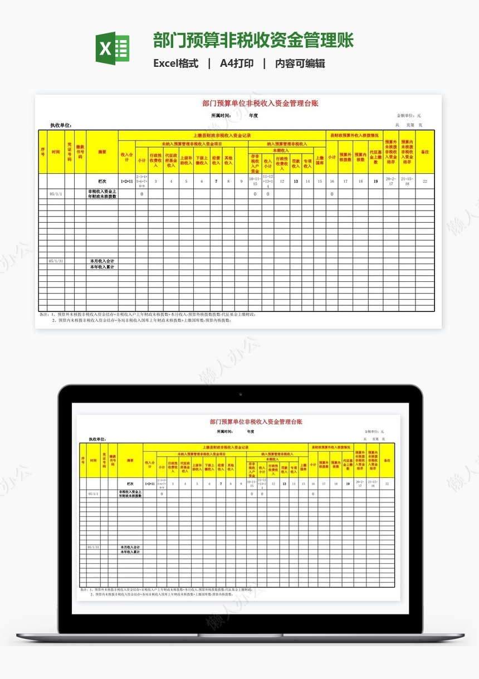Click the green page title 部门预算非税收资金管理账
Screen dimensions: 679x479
coord(253,41)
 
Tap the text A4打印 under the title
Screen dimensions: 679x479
coord(237,63)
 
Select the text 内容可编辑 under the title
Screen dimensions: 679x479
coord(300,63)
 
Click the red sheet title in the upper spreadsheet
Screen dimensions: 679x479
coord(260,103)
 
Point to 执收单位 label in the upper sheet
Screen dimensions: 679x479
coord(61,125)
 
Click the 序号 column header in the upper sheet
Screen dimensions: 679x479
coord(42,152)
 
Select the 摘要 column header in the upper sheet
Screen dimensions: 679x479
coord(102,152)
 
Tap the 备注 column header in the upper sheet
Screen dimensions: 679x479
coord(425,152)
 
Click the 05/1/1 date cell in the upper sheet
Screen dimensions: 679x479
coord(56,194)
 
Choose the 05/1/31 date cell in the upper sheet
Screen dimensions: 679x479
coord(56,261)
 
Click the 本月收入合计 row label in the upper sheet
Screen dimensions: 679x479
coord(102,261)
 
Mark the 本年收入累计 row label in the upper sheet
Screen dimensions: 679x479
coord(102,267)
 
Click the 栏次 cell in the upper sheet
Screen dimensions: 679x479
coord(102,181)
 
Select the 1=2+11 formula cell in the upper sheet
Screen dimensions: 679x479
coord(127,181)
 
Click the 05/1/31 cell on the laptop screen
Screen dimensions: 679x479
coord(94,547)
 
